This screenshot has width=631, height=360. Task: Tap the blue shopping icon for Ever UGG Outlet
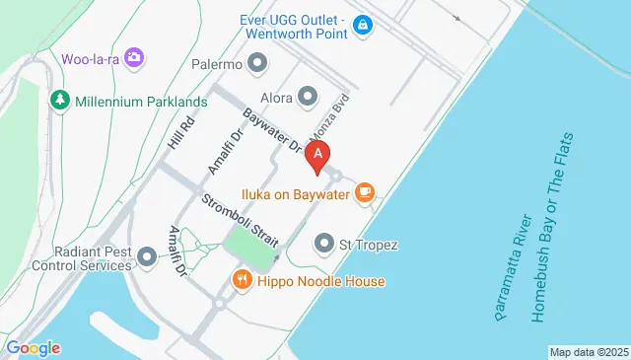click(x=362, y=24)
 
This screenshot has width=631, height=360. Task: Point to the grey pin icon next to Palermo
click(x=258, y=65)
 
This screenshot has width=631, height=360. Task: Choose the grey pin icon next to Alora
click(x=308, y=96)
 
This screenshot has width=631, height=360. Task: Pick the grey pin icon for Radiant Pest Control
click(x=148, y=257)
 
